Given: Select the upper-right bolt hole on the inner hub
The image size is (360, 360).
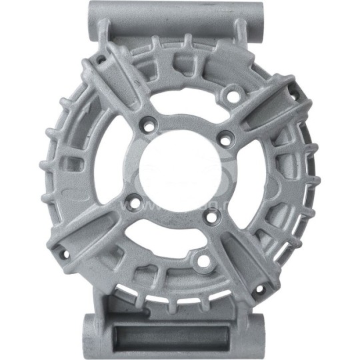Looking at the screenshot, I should pyautogui.click(x=227, y=139).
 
